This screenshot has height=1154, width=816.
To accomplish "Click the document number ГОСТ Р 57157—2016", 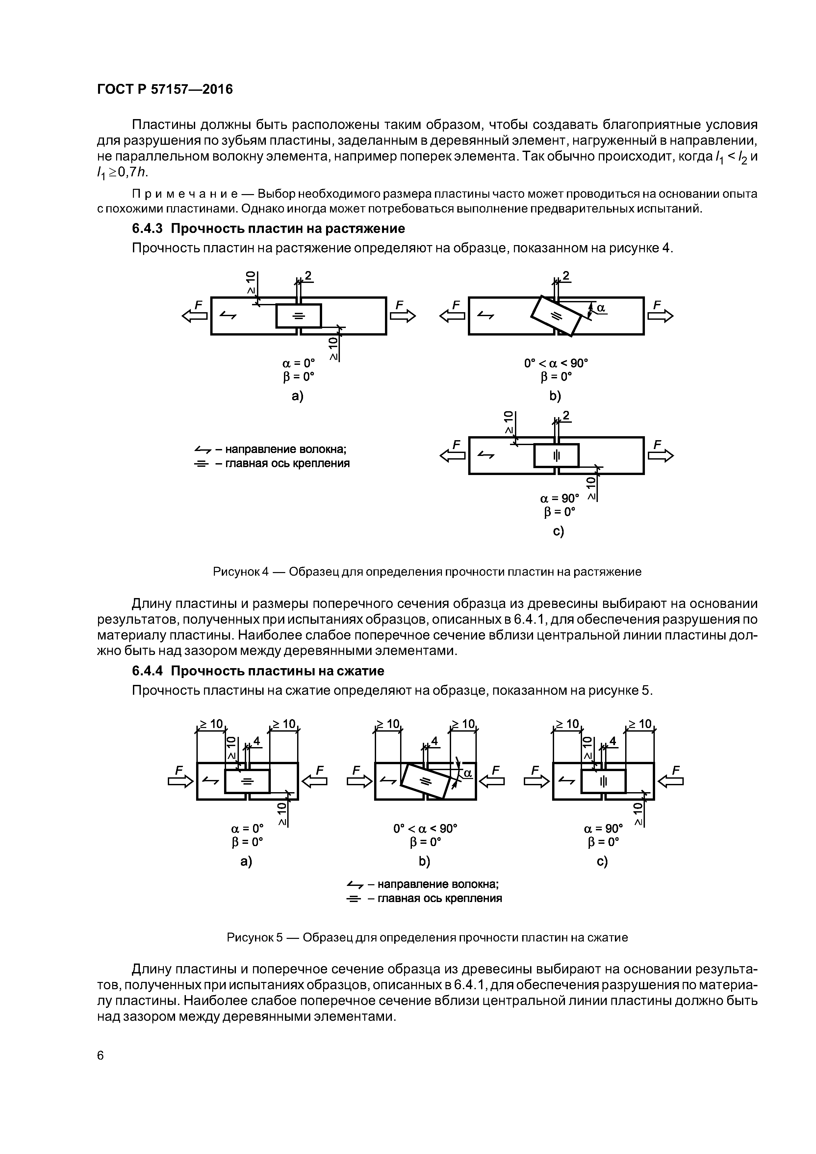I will (x=165, y=89).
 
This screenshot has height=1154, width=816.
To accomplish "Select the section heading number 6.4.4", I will (x=147, y=671).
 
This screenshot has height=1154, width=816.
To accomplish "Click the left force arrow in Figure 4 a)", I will (x=194, y=316).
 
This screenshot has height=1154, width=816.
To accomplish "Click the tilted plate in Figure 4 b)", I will (x=556, y=316).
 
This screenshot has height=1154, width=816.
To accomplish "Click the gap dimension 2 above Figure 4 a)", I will (x=308, y=276).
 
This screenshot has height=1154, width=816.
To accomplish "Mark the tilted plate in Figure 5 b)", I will (x=425, y=781).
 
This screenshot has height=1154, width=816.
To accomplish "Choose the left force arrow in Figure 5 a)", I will (x=181, y=781).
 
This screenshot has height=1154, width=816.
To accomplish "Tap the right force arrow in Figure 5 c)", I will (x=671, y=781).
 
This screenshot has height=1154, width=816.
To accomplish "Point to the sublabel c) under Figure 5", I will (x=602, y=862).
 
